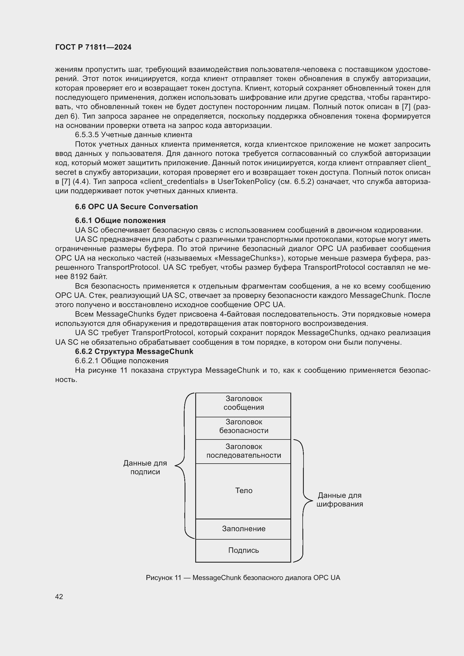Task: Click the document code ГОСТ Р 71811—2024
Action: click(x=93, y=47)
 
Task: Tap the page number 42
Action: click(x=59, y=597)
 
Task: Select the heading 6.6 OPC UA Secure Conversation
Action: click(x=136, y=207)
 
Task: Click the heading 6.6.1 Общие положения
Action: click(x=120, y=220)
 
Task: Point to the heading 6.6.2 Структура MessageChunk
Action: click(x=134, y=351)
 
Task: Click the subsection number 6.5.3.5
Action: click(x=87, y=135)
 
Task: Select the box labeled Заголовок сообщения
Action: click(x=244, y=403)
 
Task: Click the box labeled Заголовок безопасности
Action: click(x=244, y=427)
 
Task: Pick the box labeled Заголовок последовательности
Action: click(x=244, y=451)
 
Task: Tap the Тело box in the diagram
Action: click(x=244, y=491)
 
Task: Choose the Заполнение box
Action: click(x=244, y=529)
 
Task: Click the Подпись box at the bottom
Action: click(x=244, y=551)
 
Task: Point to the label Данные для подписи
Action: click(x=145, y=468)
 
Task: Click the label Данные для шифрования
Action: click(x=339, y=500)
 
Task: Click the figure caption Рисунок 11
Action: click(x=243, y=578)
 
